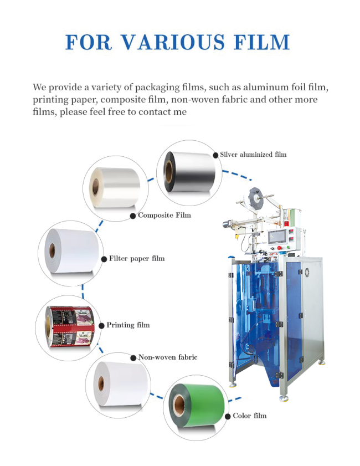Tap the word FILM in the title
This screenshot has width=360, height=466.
[x=261, y=42]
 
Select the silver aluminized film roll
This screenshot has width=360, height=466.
[x=189, y=172]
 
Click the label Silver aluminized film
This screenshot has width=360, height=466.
[x=253, y=155]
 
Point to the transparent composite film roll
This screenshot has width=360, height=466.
[x=115, y=187]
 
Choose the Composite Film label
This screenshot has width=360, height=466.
[x=164, y=215]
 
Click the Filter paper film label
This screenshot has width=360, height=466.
[x=137, y=259]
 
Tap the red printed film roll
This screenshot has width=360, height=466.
[x=70, y=327]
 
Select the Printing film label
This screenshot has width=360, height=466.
[x=128, y=325]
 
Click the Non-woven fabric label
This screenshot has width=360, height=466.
[x=168, y=357]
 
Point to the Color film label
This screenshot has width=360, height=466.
[x=249, y=416]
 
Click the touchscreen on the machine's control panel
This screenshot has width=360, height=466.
[x=277, y=237]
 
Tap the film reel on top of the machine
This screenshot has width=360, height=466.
[x=256, y=197]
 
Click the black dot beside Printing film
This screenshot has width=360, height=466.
[x=101, y=325]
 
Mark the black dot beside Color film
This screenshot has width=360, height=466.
[x=228, y=416]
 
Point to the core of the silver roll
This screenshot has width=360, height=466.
[x=169, y=171]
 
